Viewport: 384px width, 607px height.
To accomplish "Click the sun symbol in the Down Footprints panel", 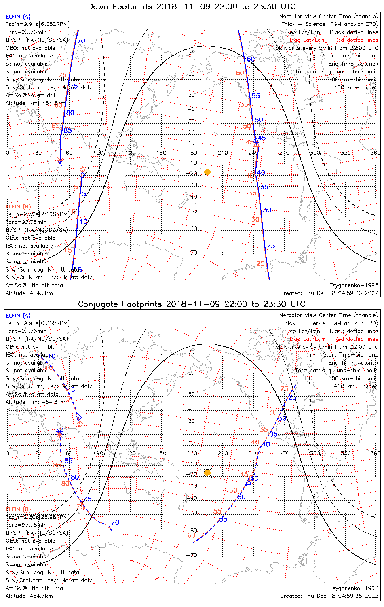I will click(207, 172).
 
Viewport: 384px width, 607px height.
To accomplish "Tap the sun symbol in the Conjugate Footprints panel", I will click(207, 472).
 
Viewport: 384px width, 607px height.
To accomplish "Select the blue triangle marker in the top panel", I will click(256, 140).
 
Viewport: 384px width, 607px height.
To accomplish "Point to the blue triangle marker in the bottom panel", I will click(249, 482).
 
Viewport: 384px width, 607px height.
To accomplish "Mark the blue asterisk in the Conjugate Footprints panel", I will click(59, 431).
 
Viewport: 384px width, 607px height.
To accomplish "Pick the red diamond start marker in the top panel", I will click(82, 170).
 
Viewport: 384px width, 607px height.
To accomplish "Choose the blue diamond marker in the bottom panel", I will click(79, 417).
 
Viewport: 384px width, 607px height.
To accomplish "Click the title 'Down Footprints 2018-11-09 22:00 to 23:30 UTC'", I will click(192, 6).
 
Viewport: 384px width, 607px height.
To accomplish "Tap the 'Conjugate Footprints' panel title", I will click(192, 304).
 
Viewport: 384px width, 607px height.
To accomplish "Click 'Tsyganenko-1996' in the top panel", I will click(354, 285).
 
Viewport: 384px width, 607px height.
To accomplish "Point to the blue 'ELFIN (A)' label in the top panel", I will click(18, 17).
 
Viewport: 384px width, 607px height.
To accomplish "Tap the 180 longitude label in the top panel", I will click(192, 153).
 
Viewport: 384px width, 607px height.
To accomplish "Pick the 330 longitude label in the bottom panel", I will click(346, 453).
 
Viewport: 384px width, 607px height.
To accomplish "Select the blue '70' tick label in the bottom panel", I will click(115, 522).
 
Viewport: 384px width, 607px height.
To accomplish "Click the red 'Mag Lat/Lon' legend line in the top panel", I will click(334, 40).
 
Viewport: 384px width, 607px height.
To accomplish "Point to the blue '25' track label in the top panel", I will click(271, 246).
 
